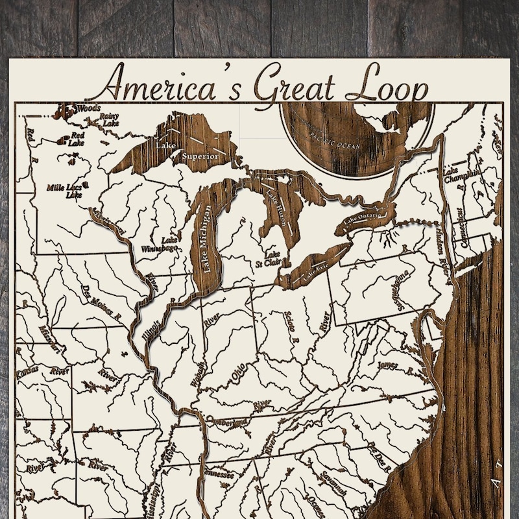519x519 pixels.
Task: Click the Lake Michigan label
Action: click(207, 239)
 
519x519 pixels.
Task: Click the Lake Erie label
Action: click(311, 271)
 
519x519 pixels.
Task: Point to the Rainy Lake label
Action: click(108, 120)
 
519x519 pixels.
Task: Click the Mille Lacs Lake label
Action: click(66, 190)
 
